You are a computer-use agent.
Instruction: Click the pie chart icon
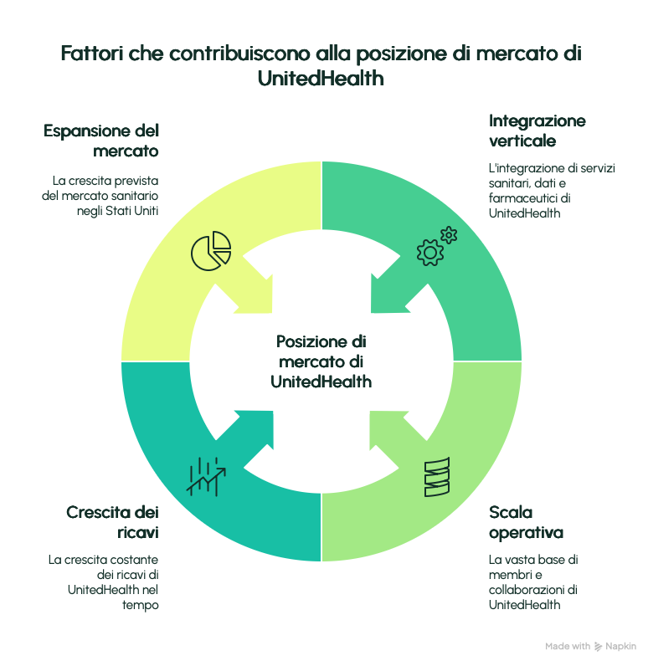pyautogui.click(x=211, y=249)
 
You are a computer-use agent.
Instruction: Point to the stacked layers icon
pyautogui.click(x=436, y=477)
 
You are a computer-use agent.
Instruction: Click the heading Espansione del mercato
pyautogui.click(x=101, y=141)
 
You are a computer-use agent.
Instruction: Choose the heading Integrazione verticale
pyautogui.click(x=537, y=131)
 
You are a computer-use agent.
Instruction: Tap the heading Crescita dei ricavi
pyautogui.click(x=112, y=522)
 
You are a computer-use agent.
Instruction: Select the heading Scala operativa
pyautogui.click(x=526, y=522)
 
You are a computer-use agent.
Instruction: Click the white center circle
pyautogui.click(x=321, y=361)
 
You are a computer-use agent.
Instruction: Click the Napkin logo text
pyautogui.click(x=621, y=647)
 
